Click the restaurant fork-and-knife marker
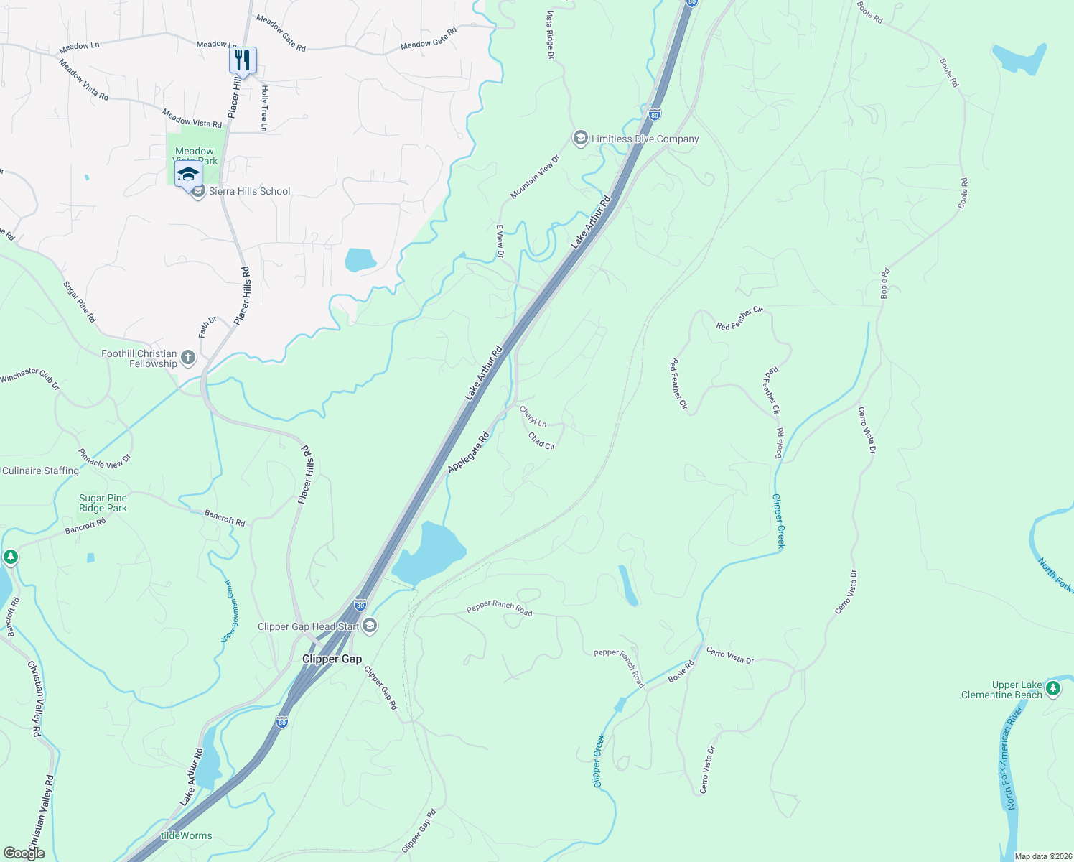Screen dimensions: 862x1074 coord(243,60)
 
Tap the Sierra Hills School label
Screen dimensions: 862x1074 coord(249,191)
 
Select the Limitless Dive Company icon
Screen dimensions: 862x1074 coord(580,139)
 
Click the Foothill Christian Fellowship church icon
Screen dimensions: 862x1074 coord(188,357)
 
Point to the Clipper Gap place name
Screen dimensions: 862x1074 coord(332,659)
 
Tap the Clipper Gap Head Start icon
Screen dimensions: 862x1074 coord(369,626)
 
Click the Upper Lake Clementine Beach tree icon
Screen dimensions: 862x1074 coord(1053,689)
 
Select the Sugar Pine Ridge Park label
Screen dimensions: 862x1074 coord(103,503)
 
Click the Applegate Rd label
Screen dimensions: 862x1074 coord(468,452)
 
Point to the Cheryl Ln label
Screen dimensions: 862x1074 coord(533,416)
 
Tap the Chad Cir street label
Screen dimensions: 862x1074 coord(541,440)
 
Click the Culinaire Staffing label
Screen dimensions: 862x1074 coord(40,471)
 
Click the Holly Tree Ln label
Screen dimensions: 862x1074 coord(264,108)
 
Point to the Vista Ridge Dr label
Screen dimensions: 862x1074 coord(551,34)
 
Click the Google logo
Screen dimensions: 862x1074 coord(24,853)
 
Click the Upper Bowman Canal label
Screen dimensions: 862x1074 coord(229,611)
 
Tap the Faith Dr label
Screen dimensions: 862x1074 coord(207,327)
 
